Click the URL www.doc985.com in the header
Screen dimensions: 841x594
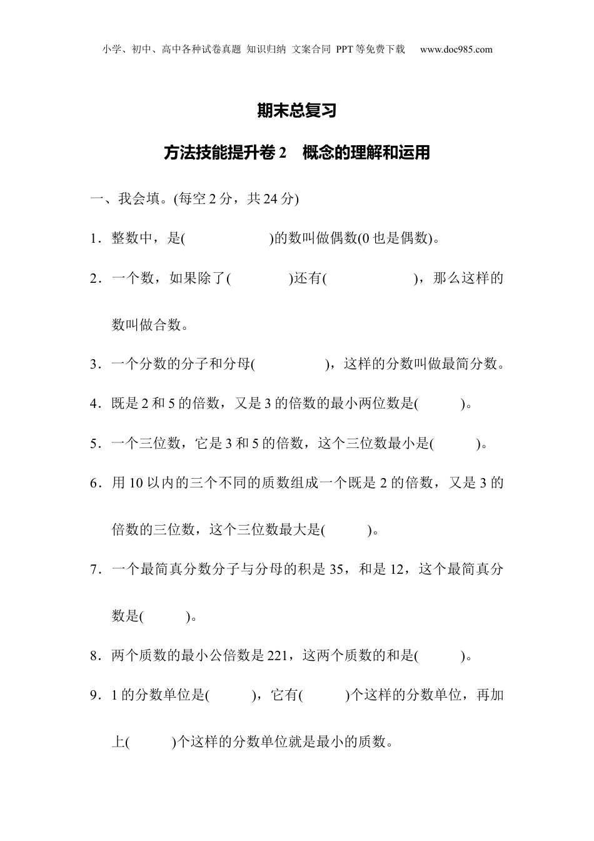(456, 50)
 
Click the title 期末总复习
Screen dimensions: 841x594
(297, 111)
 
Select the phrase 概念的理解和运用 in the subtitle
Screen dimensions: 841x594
(366, 153)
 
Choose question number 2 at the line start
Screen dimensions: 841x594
(95, 278)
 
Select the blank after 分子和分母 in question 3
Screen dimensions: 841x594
(290, 364)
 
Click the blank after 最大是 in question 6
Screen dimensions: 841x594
(346, 531)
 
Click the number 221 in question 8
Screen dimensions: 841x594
(276, 656)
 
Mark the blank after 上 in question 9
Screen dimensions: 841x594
(150, 743)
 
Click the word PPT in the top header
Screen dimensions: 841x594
(345, 50)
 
